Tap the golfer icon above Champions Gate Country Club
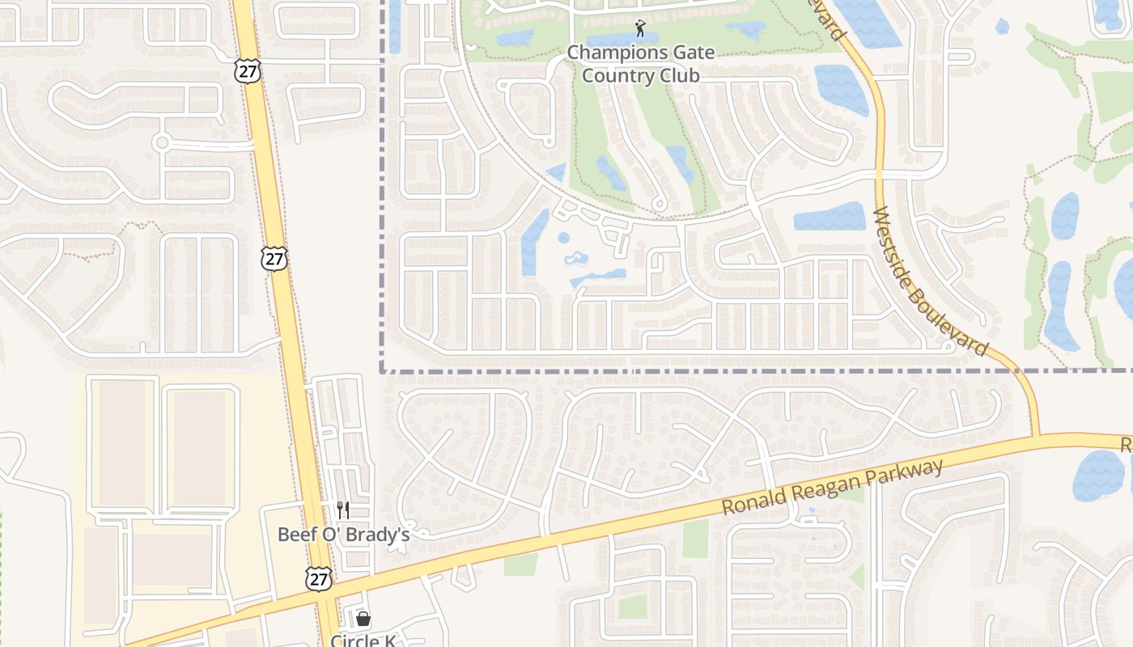(x=640, y=28)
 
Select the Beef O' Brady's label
(x=343, y=535)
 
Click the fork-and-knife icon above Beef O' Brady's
(x=343, y=510)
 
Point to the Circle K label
(x=363, y=641)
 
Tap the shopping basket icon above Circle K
(x=363, y=619)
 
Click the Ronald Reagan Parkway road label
(x=833, y=488)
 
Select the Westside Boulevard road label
(x=931, y=281)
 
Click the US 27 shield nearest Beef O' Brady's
(x=319, y=578)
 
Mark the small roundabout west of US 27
(x=161, y=143)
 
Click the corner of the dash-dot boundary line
(x=382, y=371)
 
